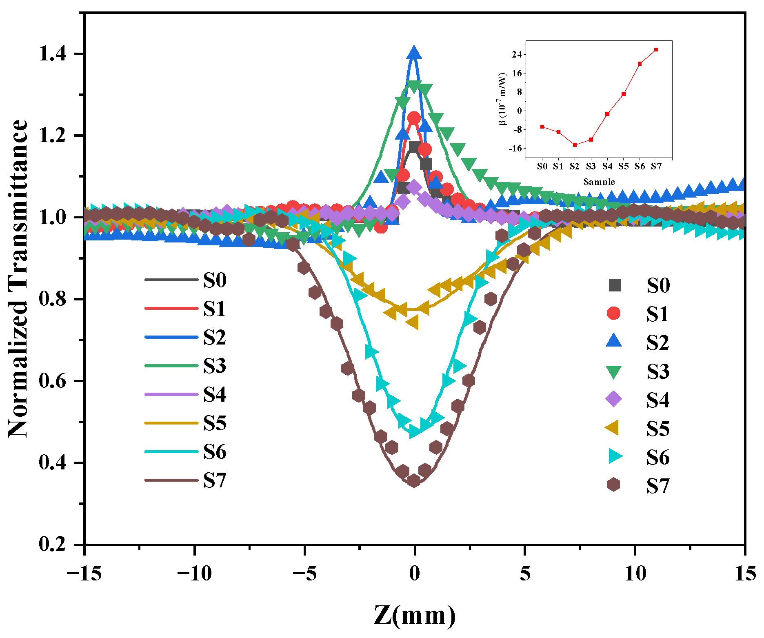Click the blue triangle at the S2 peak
(414, 53)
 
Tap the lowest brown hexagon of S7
(414, 480)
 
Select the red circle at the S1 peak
(414, 118)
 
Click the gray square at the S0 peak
(414, 147)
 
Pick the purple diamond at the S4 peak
(414, 187)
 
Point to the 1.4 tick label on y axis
(53, 54)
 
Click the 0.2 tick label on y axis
(53, 545)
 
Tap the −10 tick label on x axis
(195, 574)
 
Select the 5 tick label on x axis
(525, 574)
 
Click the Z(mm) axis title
(415, 615)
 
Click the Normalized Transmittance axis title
(19, 279)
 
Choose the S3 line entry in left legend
(185, 366)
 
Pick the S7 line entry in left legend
(185, 480)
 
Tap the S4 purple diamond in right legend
(614, 399)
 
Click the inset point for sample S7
(656, 50)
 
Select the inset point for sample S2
(575, 145)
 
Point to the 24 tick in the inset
(517, 55)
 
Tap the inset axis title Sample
(599, 182)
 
